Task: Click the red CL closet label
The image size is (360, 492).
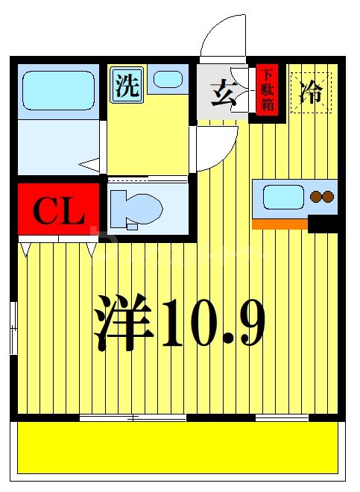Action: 58,212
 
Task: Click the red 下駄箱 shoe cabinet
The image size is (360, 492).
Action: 267,90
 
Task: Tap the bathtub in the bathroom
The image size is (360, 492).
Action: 57,91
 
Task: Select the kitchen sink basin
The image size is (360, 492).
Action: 281,198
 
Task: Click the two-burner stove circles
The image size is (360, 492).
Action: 322,198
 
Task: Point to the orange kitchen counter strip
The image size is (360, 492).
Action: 280,224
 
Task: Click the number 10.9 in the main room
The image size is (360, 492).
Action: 212,322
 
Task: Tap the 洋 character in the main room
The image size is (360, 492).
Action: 124,322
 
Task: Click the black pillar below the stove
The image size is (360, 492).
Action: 323,223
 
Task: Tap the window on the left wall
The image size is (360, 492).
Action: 14,326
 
